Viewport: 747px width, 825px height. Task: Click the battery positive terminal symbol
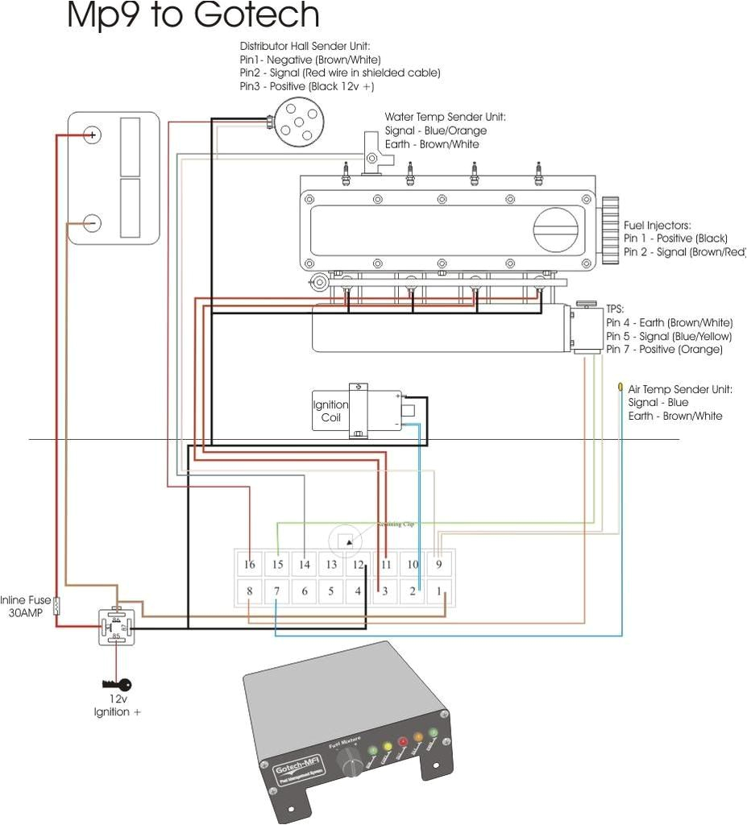(x=93, y=135)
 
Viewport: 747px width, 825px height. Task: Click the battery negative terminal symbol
(x=93, y=222)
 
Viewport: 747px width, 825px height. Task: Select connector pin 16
(x=250, y=565)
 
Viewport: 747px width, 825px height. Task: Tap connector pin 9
(x=439, y=565)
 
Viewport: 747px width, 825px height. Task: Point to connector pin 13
(x=331, y=565)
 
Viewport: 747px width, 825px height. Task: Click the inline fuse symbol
(x=56, y=606)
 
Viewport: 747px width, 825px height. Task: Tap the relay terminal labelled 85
(x=116, y=636)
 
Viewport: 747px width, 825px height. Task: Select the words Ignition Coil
(x=330, y=412)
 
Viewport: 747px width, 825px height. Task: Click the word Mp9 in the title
(x=101, y=16)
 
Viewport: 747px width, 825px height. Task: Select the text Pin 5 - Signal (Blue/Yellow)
(x=669, y=336)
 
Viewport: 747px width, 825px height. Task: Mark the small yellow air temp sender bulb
(x=620, y=388)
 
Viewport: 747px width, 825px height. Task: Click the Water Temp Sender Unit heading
(x=445, y=117)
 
